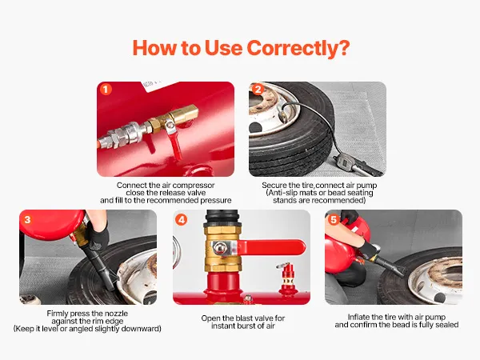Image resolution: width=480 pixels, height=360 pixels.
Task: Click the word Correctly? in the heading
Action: [298, 48]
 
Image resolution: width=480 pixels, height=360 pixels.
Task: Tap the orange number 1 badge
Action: [106, 90]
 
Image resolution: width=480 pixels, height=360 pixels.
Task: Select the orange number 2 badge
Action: [258, 90]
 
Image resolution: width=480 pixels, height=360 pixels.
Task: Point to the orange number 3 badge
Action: [27, 219]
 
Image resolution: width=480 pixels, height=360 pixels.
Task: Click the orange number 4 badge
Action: [182, 219]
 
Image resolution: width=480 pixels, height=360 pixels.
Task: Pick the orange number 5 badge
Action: [334, 219]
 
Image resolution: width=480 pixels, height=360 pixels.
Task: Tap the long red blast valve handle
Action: [270, 246]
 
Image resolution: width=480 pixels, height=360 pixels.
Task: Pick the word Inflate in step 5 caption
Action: [358, 317]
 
